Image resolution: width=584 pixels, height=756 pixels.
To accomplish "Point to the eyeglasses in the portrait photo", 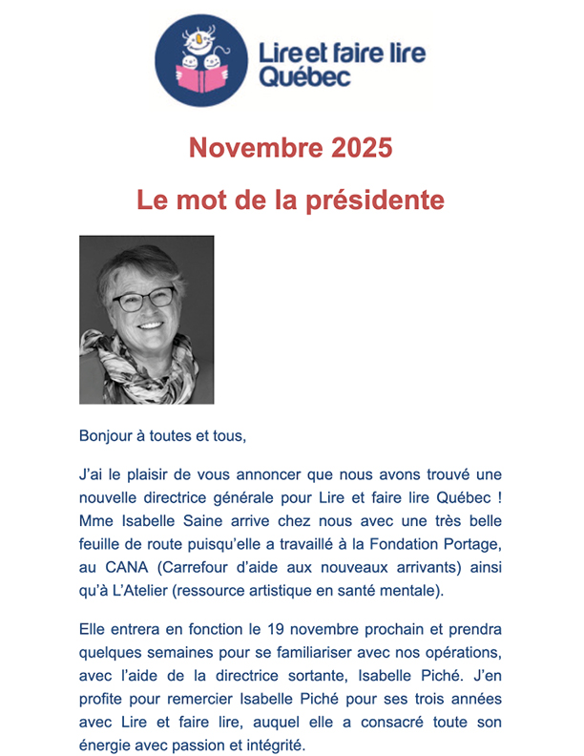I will pos(144,299).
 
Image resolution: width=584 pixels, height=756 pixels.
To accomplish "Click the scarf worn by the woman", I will pos(143,367).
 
